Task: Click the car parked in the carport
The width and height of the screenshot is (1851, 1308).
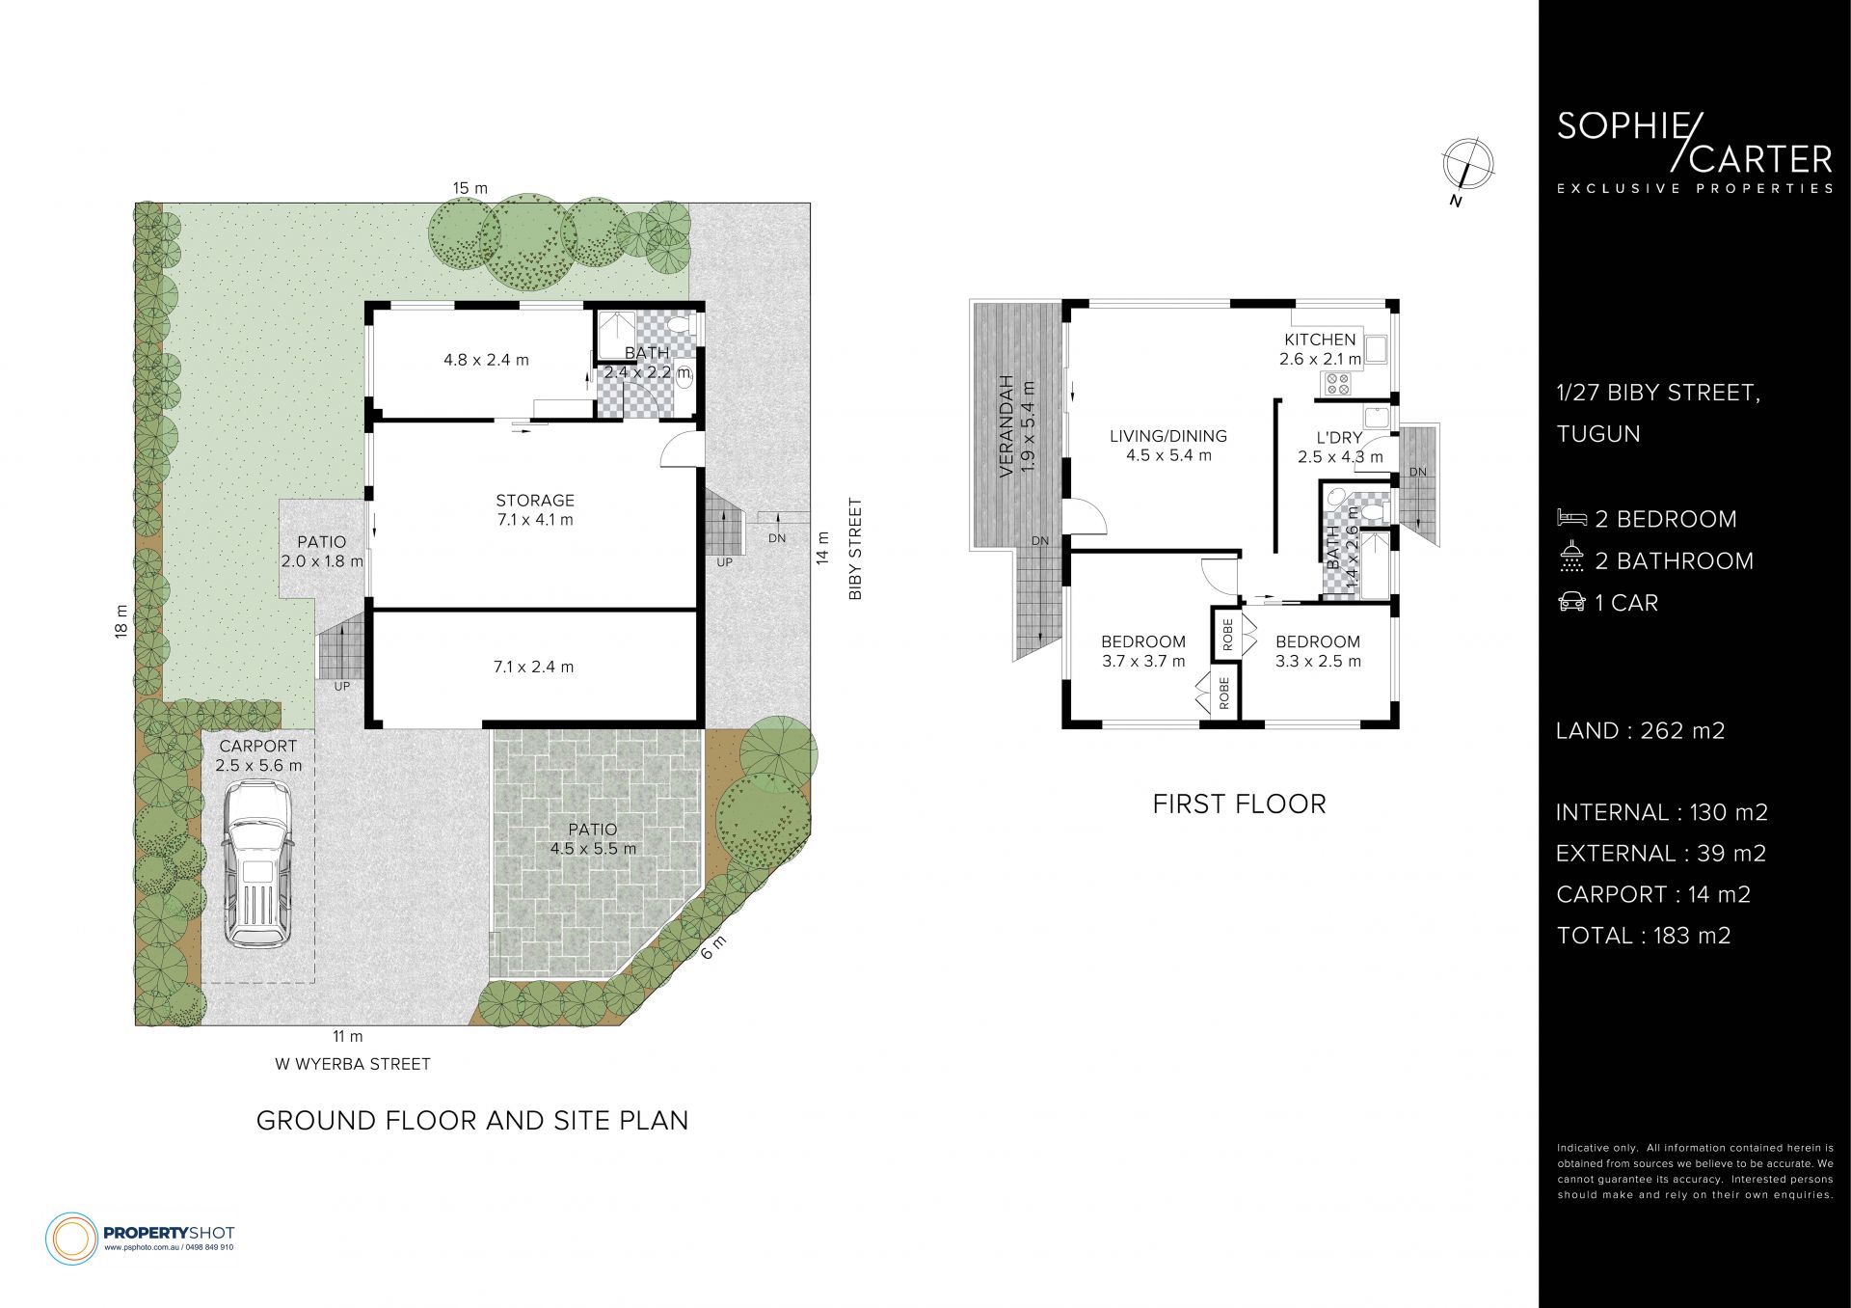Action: (257, 864)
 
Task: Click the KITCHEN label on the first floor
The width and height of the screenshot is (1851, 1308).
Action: (1320, 340)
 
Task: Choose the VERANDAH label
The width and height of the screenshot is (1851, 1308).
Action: (1006, 425)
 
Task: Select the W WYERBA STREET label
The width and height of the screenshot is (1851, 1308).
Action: (353, 1064)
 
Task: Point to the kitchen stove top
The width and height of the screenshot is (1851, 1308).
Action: (1337, 384)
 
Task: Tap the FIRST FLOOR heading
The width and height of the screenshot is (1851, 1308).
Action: (1239, 804)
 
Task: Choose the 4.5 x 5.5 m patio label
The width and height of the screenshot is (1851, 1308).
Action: (593, 839)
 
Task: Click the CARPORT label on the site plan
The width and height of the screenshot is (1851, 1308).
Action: (258, 746)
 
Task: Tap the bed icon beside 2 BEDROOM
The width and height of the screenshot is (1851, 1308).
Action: (1571, 518)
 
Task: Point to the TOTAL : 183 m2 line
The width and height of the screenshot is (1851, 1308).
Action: (1643, 936)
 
